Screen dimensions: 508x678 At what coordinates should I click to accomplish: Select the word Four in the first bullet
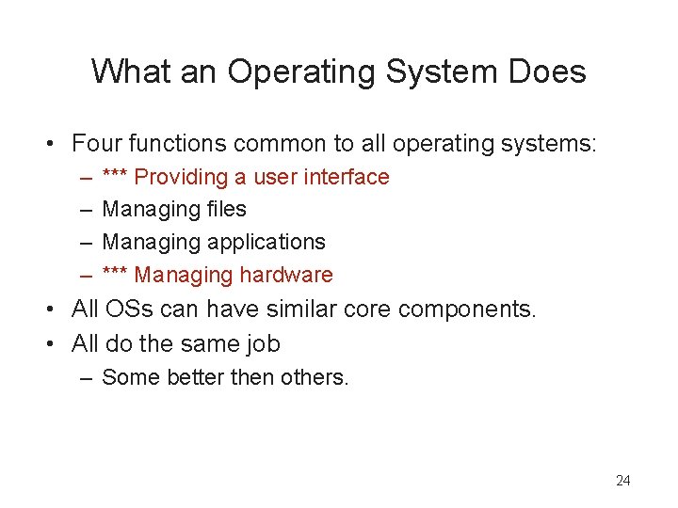(x=98, y=144)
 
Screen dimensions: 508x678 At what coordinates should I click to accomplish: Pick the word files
(x=226, y=209)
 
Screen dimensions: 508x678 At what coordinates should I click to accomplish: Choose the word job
(x=262, y=343)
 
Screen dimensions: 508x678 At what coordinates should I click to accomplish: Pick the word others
(x=318, y=377)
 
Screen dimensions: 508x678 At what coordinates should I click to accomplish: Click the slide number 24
(x=622, y=481)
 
